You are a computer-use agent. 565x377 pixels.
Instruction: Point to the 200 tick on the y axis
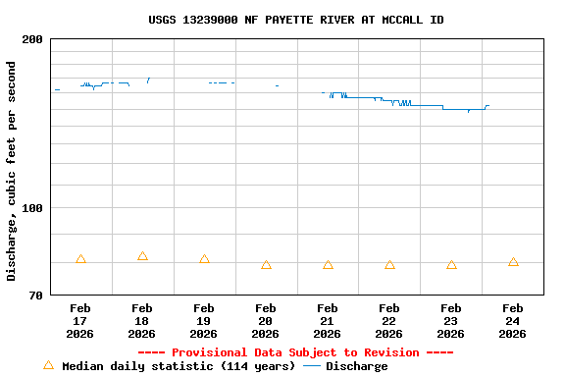(32, 39)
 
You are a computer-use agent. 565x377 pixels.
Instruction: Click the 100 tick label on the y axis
(32, 208)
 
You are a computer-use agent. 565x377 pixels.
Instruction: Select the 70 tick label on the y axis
(35, 296)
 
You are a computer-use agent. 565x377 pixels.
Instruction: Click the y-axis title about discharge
(12, 171)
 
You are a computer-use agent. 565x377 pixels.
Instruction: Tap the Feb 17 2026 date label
(80, 321)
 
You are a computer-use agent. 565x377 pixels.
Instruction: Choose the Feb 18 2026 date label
(142, 321)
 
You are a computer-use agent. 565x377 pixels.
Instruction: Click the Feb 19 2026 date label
(204, 321)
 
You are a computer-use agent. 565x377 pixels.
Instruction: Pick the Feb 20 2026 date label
(266, 321)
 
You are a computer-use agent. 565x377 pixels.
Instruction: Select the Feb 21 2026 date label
(328, 321)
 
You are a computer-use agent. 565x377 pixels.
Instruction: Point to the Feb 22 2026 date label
(389, 321)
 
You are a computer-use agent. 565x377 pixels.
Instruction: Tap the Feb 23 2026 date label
(451, 321)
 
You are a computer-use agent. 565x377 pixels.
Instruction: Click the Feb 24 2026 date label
(513, 321)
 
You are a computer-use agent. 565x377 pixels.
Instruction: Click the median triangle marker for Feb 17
(80, 259)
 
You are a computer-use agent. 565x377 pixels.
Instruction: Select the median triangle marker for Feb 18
(142, 256)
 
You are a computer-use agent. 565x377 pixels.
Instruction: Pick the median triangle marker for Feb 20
(266, 265)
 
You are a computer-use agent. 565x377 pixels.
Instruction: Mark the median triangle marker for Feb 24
(513, 262)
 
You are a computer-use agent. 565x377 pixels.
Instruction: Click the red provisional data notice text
(295, 352)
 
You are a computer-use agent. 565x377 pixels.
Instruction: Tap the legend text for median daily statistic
(179, 366)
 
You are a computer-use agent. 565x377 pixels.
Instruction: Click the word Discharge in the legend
(356, 366)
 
